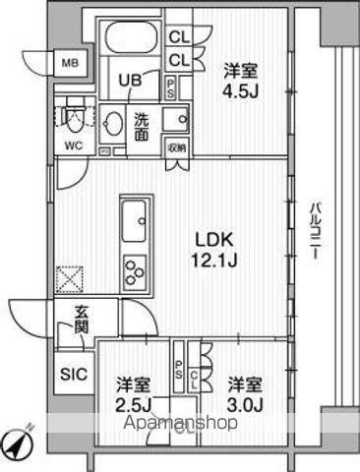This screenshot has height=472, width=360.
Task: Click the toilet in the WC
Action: pos(73,121)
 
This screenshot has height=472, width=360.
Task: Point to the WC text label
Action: pos(73,147)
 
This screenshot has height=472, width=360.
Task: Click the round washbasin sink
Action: pos(114,125)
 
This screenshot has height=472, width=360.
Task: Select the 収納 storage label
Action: pos(176,147)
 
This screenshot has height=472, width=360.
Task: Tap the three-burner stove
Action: pos(134,266)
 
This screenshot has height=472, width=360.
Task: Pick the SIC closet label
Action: pos(73,374)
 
